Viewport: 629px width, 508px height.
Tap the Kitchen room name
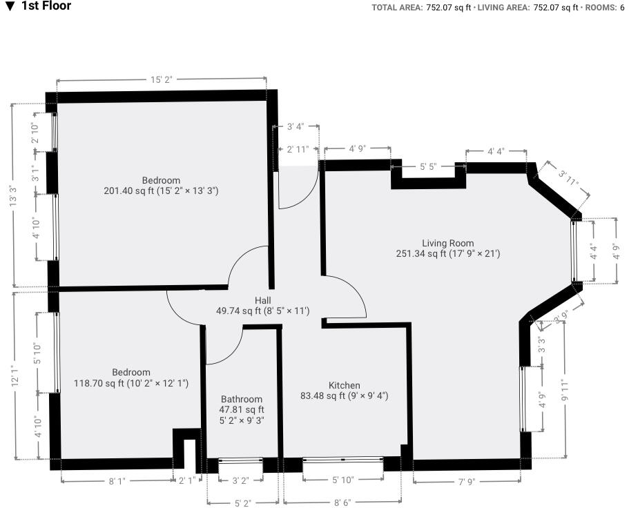click(x=344, y=385)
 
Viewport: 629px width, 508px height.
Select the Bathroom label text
click(x=242, y=399)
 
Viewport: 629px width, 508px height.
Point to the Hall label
click(x=262, y=300)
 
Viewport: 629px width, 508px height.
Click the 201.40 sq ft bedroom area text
click(x=161, y=190)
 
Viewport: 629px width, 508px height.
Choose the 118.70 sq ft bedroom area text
click(x=131, y=383)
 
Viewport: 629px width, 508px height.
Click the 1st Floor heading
click(x=46, y=6)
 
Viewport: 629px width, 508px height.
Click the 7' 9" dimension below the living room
click(x=466, y=481)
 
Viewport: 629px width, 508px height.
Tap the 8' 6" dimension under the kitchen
click(x=342, y=502)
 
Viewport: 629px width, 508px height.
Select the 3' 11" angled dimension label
click(x=568, y=178)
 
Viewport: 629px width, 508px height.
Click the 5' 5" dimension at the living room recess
click(x=427, y=166)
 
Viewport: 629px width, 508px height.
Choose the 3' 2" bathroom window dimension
click(x=240, y=480)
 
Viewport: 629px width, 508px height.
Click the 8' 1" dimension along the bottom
click(x=116, y=481)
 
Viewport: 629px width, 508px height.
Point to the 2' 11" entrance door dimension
click(x=298, y=149)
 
